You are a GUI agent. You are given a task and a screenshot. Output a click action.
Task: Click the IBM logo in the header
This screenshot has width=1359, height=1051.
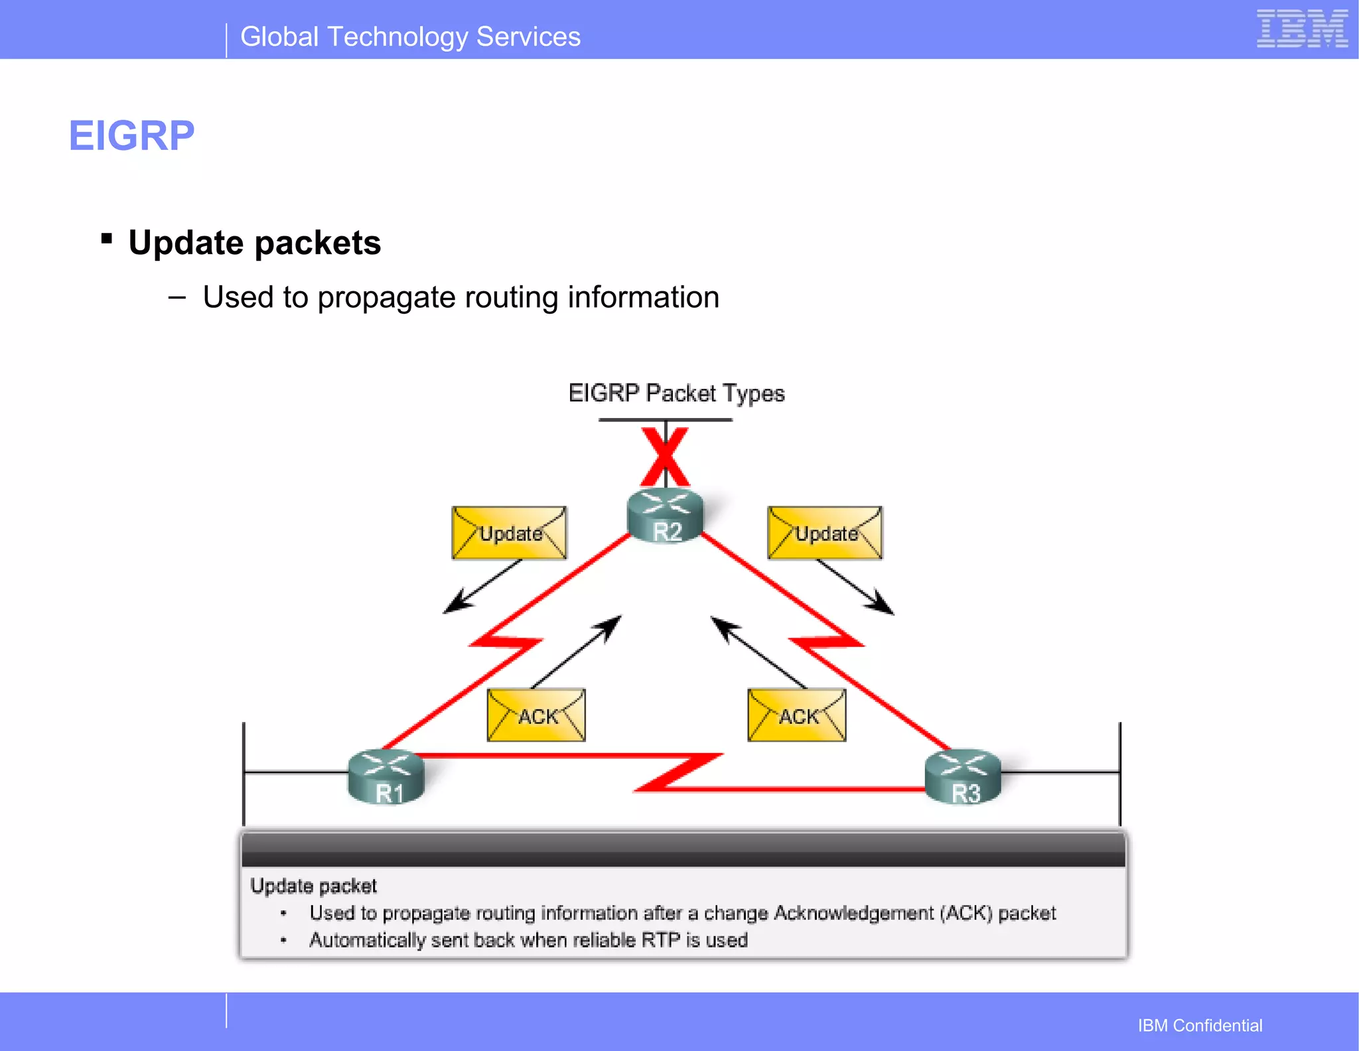coord(1301,29)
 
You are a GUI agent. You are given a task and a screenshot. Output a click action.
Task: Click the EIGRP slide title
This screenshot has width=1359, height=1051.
coord(131,136)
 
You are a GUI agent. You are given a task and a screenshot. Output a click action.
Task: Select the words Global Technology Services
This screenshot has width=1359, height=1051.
coord(410,37)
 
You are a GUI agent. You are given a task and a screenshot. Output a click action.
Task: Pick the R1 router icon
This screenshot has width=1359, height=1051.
coord(386,776)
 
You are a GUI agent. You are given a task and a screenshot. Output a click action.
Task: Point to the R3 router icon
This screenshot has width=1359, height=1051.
coord(963,776)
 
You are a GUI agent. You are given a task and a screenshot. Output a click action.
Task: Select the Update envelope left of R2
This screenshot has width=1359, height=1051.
coord(509,533)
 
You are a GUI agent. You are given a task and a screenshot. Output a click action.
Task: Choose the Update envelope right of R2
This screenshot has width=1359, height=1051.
coord(825,533)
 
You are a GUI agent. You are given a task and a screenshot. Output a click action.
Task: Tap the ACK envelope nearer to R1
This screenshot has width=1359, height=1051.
coord(536,715)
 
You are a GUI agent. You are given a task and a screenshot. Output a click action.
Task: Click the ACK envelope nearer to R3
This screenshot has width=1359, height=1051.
coord(797,715)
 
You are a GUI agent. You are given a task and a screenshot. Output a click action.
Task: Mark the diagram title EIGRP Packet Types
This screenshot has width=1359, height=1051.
coord(676,393)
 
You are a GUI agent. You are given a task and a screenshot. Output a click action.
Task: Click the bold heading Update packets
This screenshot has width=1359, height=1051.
coord(255,243)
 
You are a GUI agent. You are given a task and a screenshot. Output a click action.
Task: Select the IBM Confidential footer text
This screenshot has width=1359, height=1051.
coord(1200,1025)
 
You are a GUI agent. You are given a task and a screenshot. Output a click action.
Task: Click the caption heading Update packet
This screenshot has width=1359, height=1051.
coord(313,886)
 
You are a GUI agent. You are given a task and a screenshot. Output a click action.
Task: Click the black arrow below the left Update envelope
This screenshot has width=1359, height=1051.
coord(482,587)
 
